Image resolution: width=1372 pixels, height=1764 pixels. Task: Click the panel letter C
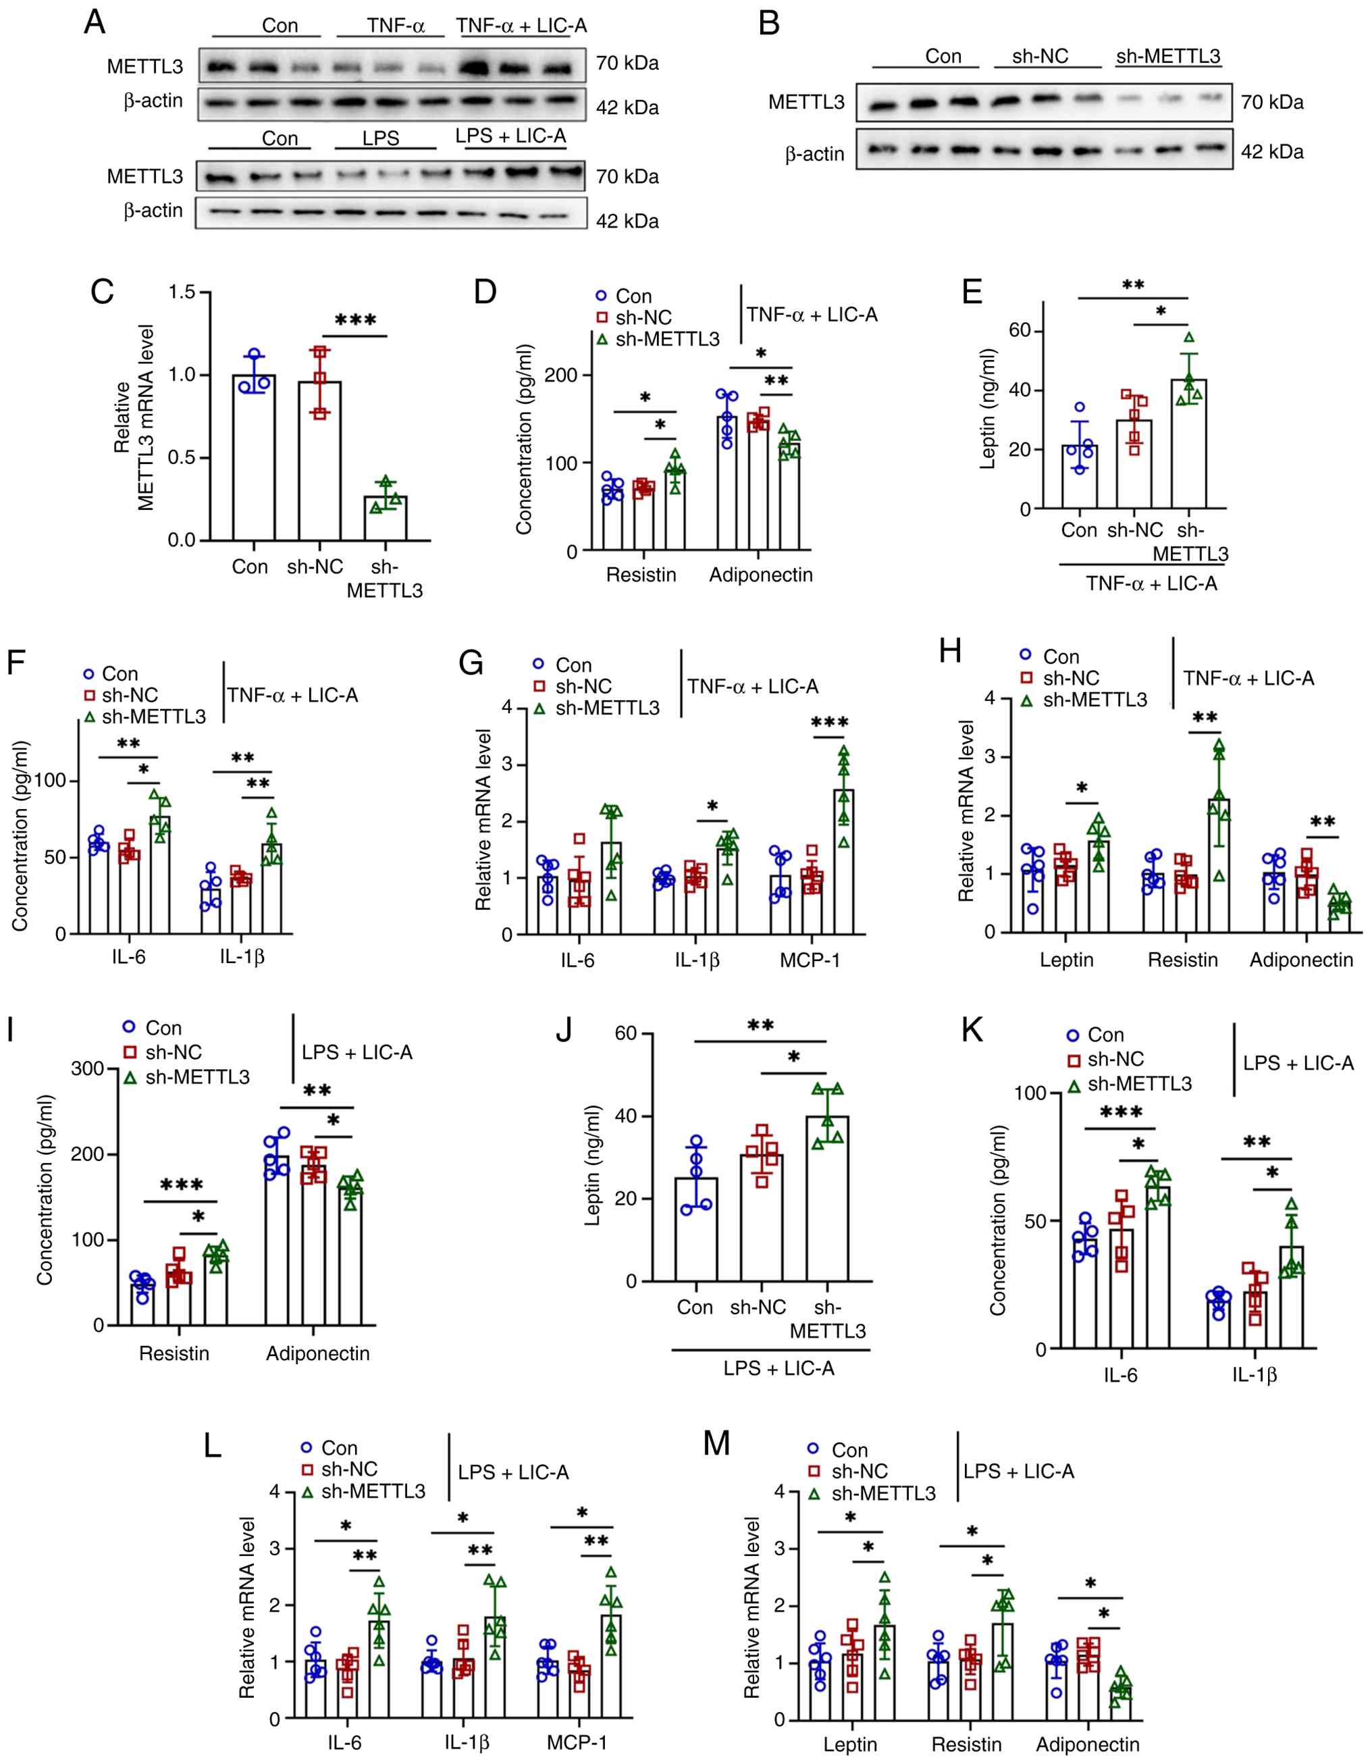(x=102, y=292)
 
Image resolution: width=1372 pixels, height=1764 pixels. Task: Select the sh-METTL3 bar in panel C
(x=385, y=518)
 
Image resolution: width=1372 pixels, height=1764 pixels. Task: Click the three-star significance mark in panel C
(x=355, y=321)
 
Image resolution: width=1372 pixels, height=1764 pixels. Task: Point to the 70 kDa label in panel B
(x=1272, y=103)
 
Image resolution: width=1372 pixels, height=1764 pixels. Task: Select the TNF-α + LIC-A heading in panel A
(x=521, y=25)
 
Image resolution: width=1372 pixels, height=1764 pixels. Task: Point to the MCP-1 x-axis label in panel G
(x=810, y=960)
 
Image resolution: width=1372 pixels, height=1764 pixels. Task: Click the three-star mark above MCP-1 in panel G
(x=830, y=722)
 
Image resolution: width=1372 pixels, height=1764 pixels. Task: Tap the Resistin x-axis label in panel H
(x=1183, y=960)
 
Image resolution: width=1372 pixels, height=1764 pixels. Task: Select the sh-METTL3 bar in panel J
(x=827, y=1199)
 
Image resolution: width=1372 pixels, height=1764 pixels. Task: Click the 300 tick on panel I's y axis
(x=88, y=1068)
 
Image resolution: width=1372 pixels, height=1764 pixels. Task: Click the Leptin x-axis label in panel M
(x=849, y=1744)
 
